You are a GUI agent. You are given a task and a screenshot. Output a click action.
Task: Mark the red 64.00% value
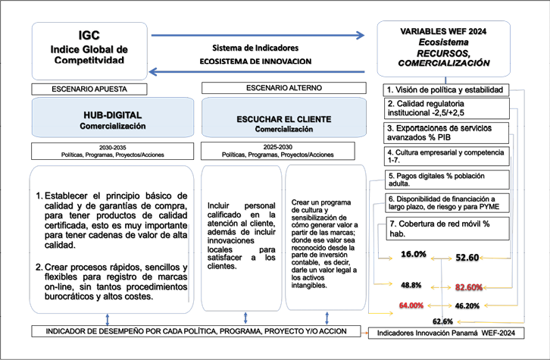[x=411, y=305]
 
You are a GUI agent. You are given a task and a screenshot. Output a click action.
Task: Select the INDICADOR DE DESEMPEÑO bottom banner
[x=192, y=332]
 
